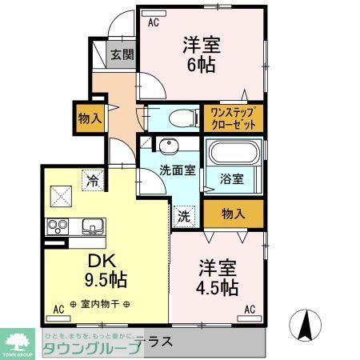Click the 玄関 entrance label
[122, 56]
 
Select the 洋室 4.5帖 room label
[215, 275]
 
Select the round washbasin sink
[169, 146]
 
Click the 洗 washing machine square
[183, 214]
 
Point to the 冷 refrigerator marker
[94, 181]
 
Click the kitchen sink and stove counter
[77, 226]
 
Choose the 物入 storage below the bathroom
[232, 214]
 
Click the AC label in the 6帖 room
[153, 23]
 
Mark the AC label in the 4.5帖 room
[250, 309]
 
